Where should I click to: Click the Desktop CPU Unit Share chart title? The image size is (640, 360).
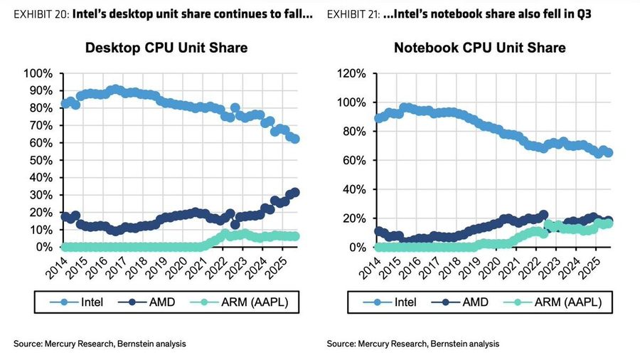point(166,48)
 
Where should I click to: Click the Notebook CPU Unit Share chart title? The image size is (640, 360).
point(480,48)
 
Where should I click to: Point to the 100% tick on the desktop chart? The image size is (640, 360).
point(38,74)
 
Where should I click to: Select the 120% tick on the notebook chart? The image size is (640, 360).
point(351,74)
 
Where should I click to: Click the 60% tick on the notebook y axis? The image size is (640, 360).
point(354,161)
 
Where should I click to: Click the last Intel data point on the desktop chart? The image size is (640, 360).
point(295,139)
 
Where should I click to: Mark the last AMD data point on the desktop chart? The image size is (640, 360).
point(295,192)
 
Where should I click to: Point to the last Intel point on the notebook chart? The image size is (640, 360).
point(609,152)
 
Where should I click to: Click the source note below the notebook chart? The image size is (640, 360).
point(413,344)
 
